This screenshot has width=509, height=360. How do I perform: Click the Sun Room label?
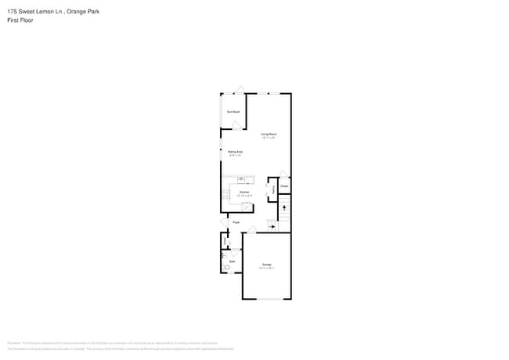click(x=233, y=112)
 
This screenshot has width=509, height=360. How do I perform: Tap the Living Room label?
click(x=269, y=135)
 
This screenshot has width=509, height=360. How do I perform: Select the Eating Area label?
click(x=235, y=152)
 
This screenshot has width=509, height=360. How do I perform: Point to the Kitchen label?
click(x=244, y=192)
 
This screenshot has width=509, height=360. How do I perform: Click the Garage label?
click(x=266, y=265)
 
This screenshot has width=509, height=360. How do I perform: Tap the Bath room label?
click(x=232, y=261)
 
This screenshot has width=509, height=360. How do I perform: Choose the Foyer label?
click(x=236, y=223)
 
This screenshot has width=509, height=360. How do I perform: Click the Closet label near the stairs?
click(x=284, y=185)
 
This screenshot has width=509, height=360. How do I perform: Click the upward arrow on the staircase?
click(x=284, y=208)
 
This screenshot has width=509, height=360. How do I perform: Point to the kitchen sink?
click(x=242, y=179)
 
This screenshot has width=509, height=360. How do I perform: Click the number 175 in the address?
click(x=12, y=12)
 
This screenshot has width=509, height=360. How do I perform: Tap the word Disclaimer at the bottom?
click(x=13, y=343)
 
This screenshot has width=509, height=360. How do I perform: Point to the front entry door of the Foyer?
click(x=223, y=222)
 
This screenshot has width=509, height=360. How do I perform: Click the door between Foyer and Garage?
click(x=251, y=230)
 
